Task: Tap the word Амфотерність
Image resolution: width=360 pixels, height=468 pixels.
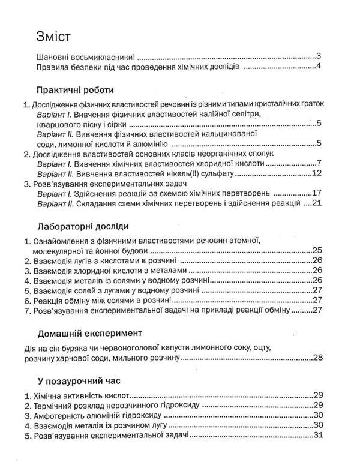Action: click(x=65, y=415)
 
